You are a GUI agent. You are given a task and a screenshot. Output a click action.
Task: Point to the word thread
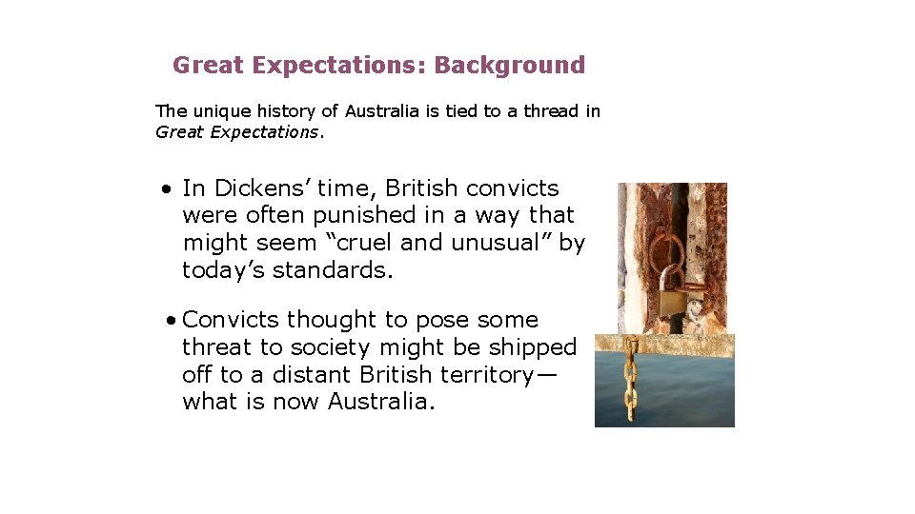coord(549,111)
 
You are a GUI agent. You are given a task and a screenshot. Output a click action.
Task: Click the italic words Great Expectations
coord(237,132)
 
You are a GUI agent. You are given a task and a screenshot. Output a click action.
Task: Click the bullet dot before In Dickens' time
coord(167,188)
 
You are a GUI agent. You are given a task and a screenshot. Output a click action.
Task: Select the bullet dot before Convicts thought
coord(169,320)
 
